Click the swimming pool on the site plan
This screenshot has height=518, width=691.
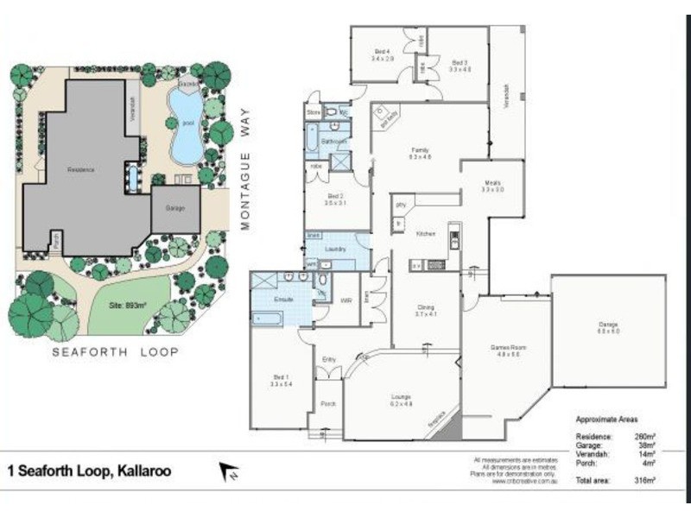tap(187, 128)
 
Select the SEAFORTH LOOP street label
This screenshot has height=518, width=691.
tap(115, 352)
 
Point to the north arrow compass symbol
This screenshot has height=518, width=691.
tap(229, 471)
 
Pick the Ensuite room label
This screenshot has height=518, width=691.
tap(285, 300)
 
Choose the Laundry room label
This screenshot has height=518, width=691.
tap(336, 250)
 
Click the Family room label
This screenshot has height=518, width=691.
tap(420, 153)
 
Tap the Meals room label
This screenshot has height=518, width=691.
tap(492, 185)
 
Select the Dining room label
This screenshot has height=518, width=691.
tap(426, 309)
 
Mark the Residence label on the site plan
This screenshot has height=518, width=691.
tap(81, 169)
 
